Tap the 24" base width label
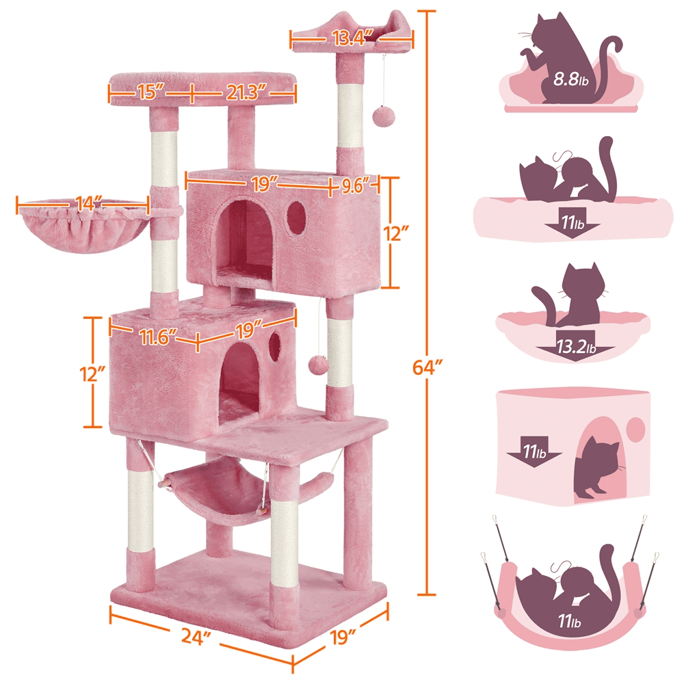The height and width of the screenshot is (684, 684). pos(195,638)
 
